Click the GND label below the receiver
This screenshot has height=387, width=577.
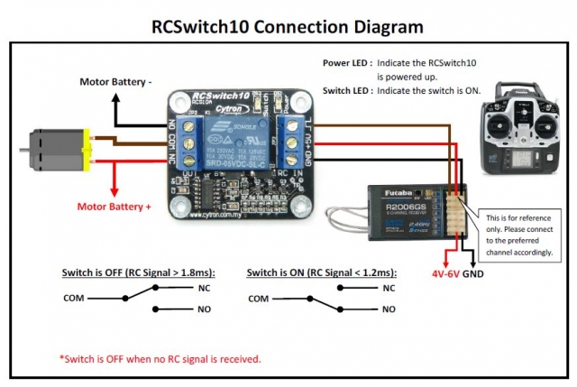(x=474, y=270)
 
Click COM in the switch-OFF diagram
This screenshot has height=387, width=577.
(x=74, y=297)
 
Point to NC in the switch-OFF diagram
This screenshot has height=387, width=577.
(x=205, y=288)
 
